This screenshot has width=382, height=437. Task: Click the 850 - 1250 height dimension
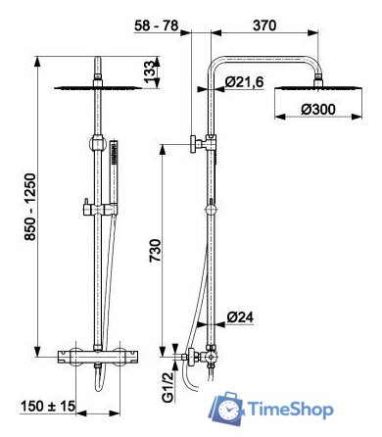(31, 207)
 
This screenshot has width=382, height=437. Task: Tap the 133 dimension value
(150, 73)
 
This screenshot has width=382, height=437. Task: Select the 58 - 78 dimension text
(157, 25)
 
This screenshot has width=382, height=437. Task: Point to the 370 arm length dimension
(264, 25)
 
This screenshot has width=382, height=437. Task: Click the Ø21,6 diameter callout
(244, 81)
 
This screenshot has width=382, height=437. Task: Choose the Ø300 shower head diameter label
(318, 110)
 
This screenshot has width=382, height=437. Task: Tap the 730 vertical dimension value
(156, 251)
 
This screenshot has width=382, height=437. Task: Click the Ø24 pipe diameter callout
(240, 316)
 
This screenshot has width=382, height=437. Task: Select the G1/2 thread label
(167, 387)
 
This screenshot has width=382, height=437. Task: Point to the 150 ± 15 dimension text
(48, 407)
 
